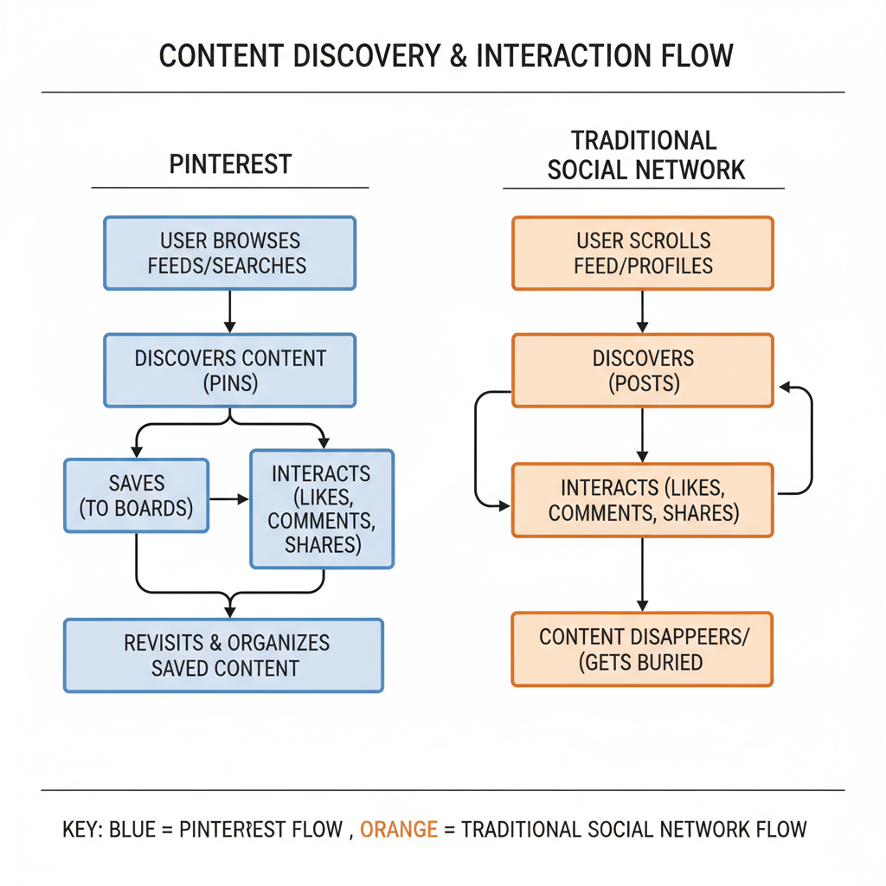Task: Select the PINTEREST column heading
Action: click(230, 164)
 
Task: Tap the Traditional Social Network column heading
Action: click(645, 155)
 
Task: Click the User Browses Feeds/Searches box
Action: click(229, 253)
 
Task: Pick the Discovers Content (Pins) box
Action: click(229, 370)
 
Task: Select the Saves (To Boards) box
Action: click(136, 495)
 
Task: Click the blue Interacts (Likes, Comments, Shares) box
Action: click(322, 509)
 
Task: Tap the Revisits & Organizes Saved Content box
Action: click(223, 655)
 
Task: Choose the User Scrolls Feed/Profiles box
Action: click(642, 253)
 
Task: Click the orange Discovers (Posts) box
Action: click(642, 370)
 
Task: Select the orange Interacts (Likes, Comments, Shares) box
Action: click(642, 500)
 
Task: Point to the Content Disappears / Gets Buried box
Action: click(642, 649)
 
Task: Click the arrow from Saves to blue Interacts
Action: click(228, 499)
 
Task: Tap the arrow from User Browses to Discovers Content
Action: click(229, 311)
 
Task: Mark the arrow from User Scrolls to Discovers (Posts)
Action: click(642, 311)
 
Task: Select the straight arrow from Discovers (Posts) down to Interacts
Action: click(642, 434)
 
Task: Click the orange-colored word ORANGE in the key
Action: click(398, 830)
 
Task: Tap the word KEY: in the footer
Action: click(82, 830)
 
